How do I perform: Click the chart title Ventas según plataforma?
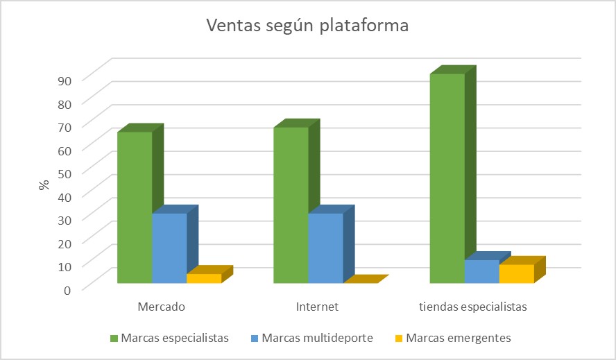[307, 25]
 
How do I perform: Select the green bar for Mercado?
[135, 207]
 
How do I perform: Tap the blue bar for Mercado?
[169, 248]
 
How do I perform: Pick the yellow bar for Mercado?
[204, 278]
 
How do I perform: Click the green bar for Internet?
[291, 205]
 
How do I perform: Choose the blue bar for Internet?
[325, 248]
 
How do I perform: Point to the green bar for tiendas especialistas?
[447, 178]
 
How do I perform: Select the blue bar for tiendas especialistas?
[482, 271]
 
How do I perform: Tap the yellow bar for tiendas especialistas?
[517, 273]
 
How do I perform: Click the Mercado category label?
[161, 307]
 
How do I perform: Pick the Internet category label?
[317, 307]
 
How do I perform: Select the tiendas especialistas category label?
[473, 307]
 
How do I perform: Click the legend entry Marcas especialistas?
[170, 338]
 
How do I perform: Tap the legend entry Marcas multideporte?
[312, 338]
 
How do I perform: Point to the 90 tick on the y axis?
[65, 81]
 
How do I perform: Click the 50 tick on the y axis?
[65, 173]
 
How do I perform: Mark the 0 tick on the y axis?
[67, 291]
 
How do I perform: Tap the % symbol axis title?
[44, 185]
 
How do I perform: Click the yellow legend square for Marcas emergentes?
[399, 338]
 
